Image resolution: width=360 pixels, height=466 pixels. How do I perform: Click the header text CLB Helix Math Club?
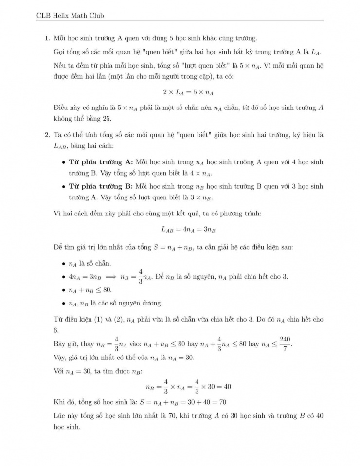[x=71, y=15]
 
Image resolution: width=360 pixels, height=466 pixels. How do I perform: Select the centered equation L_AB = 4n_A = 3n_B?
[x=188, y=230]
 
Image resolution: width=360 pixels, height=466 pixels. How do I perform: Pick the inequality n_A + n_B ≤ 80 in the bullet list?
[x=90, y=290]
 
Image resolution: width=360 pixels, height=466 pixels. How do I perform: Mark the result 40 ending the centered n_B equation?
[x=227, y=387]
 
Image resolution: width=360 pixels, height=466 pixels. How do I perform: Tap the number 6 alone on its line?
[x=56, y=329]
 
